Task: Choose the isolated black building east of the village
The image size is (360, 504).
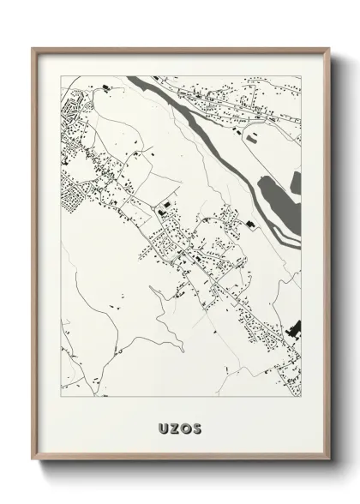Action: click(x=249, y=225)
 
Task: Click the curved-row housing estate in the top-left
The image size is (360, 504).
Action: click(x=69, y=111)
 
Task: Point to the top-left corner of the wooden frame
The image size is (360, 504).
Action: click(x=33, y=47)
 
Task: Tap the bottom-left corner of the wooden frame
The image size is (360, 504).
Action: click(x=33, y=453)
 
